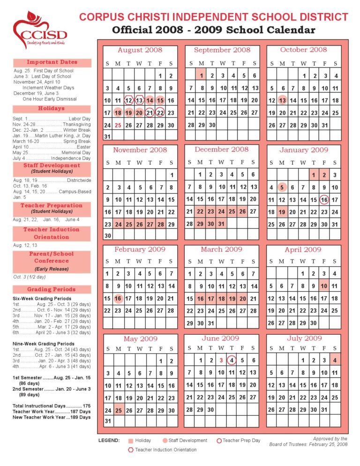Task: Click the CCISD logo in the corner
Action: tap(40, 30)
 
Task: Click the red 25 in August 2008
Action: tap(118, 125)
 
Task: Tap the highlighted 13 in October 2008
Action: tap(282, 100)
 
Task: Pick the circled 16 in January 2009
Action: tap(324, 200)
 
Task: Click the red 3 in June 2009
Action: tap(221, 360)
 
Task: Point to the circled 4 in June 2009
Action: tap(232, 360)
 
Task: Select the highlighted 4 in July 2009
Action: tap(335, 360)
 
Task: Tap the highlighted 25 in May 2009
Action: tap(118, 410)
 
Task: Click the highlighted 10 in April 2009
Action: tap(324, 286)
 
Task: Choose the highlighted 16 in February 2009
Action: tap(118, 299)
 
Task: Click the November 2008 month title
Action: tap(140, 150)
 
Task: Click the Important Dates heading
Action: tap(52, 62)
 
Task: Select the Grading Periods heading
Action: tap(52, 289)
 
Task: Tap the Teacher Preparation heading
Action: tap(52, 206)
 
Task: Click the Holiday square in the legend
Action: tap(131, 441)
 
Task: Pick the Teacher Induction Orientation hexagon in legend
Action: tap(131, 450)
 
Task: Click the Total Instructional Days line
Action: tap(52, 406)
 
